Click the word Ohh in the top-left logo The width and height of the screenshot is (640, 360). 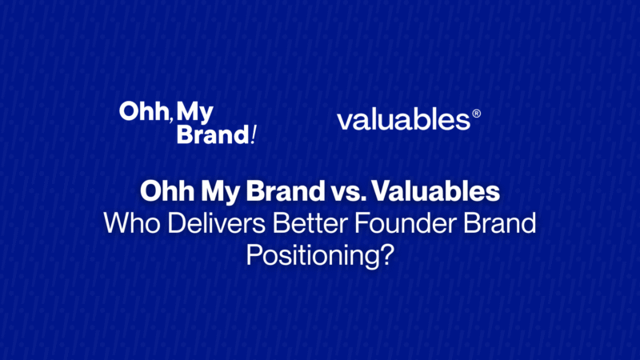coord(143,111)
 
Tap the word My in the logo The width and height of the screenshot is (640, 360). coord(194,112)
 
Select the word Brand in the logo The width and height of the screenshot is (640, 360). coord(213,134)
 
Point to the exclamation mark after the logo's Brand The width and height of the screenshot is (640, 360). coord(254,134)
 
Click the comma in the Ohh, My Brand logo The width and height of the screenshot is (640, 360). coord(170,119)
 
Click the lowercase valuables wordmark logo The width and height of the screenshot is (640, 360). coord(404,119)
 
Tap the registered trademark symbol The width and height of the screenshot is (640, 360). coord(476,114)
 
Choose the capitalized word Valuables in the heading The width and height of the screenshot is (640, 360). coord(435,191)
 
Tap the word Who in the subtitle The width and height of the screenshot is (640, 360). coord(132,223)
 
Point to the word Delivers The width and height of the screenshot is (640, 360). coord(217,223)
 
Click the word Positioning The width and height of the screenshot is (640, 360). coord(313,256)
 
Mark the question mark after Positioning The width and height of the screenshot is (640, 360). coord(387,254)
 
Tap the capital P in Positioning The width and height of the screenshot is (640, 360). coord(254,254)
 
